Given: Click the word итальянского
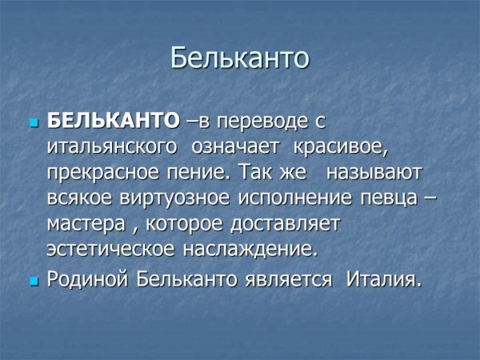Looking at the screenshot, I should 112,146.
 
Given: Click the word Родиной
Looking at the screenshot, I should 90,280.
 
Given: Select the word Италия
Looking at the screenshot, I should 384,280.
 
